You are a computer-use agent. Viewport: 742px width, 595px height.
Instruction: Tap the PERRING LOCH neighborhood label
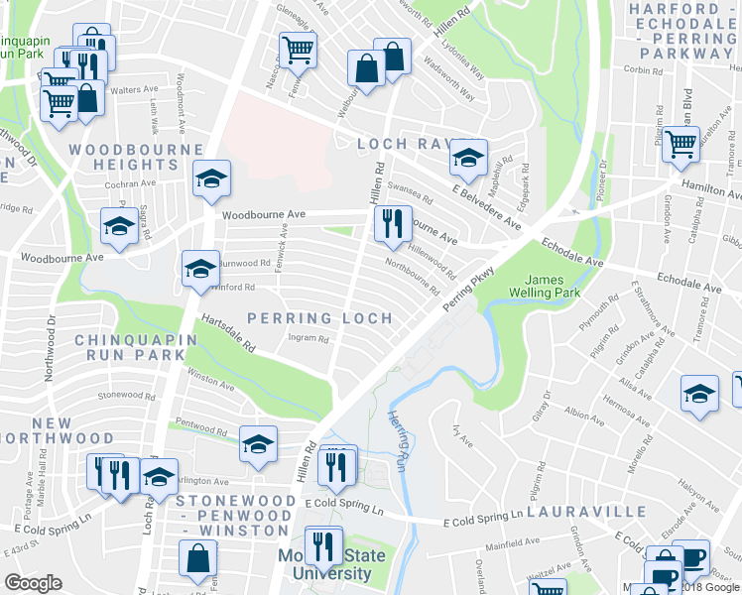point(319,318)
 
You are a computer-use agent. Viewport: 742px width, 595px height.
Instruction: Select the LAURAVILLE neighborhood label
point(586,513)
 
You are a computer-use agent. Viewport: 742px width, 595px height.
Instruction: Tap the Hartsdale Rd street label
point(229,334)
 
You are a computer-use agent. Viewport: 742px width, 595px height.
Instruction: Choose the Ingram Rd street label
point(308,338)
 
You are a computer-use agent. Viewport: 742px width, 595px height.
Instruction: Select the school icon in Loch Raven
point(468,156)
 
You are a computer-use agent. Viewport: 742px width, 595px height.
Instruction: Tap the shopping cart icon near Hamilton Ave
point(681,143)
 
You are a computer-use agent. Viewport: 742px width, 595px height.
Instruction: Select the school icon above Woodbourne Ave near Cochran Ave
point(211,178)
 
